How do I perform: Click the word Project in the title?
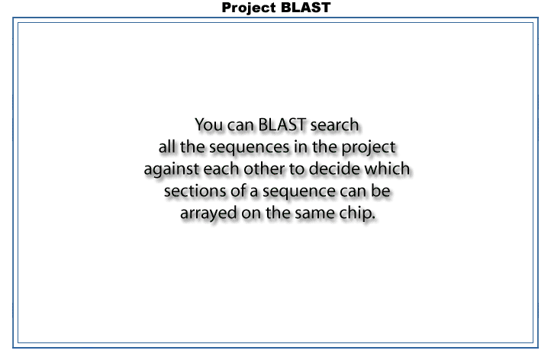point(249,8)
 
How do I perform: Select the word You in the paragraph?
point(209,124)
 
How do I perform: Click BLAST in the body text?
point(282,124)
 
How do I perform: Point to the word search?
point(334,124)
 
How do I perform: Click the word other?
point(264,169)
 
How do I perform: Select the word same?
point(314,214)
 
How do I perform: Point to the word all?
point(166,146)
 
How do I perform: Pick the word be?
point(381,191)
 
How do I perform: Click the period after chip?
point(373,218)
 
